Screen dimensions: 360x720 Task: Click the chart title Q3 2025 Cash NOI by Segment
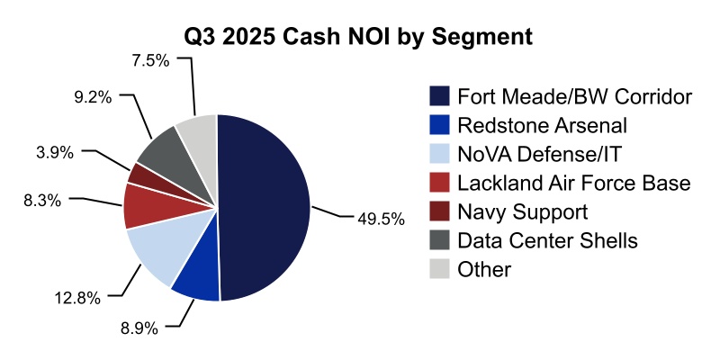[x=359, y=37]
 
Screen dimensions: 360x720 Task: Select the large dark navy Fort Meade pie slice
[x=265, y=207]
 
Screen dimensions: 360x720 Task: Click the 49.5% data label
[x=379, y=219]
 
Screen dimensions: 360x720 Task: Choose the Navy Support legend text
[x=522, y=211]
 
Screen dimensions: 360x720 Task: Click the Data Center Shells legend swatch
[x=439, y=240]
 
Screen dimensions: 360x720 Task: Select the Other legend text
[x=484, y=269]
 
